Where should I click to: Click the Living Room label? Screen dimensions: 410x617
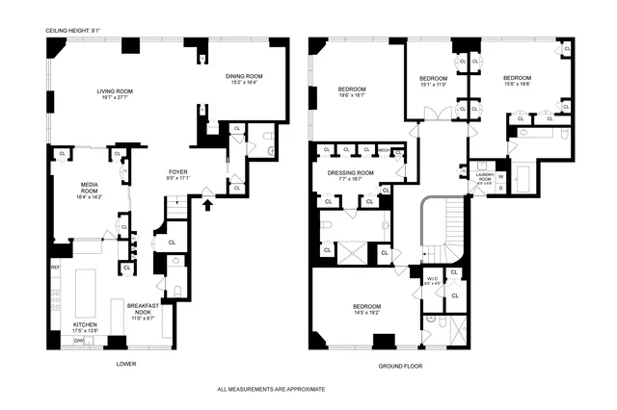tap(114, 92)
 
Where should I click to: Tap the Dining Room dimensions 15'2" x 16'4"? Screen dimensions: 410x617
tap(243, 84)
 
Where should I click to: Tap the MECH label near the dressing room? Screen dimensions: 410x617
tap(383, 150)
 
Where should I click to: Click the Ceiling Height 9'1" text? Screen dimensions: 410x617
tap(71, 31)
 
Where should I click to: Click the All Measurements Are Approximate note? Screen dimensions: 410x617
tap(271, 389)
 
